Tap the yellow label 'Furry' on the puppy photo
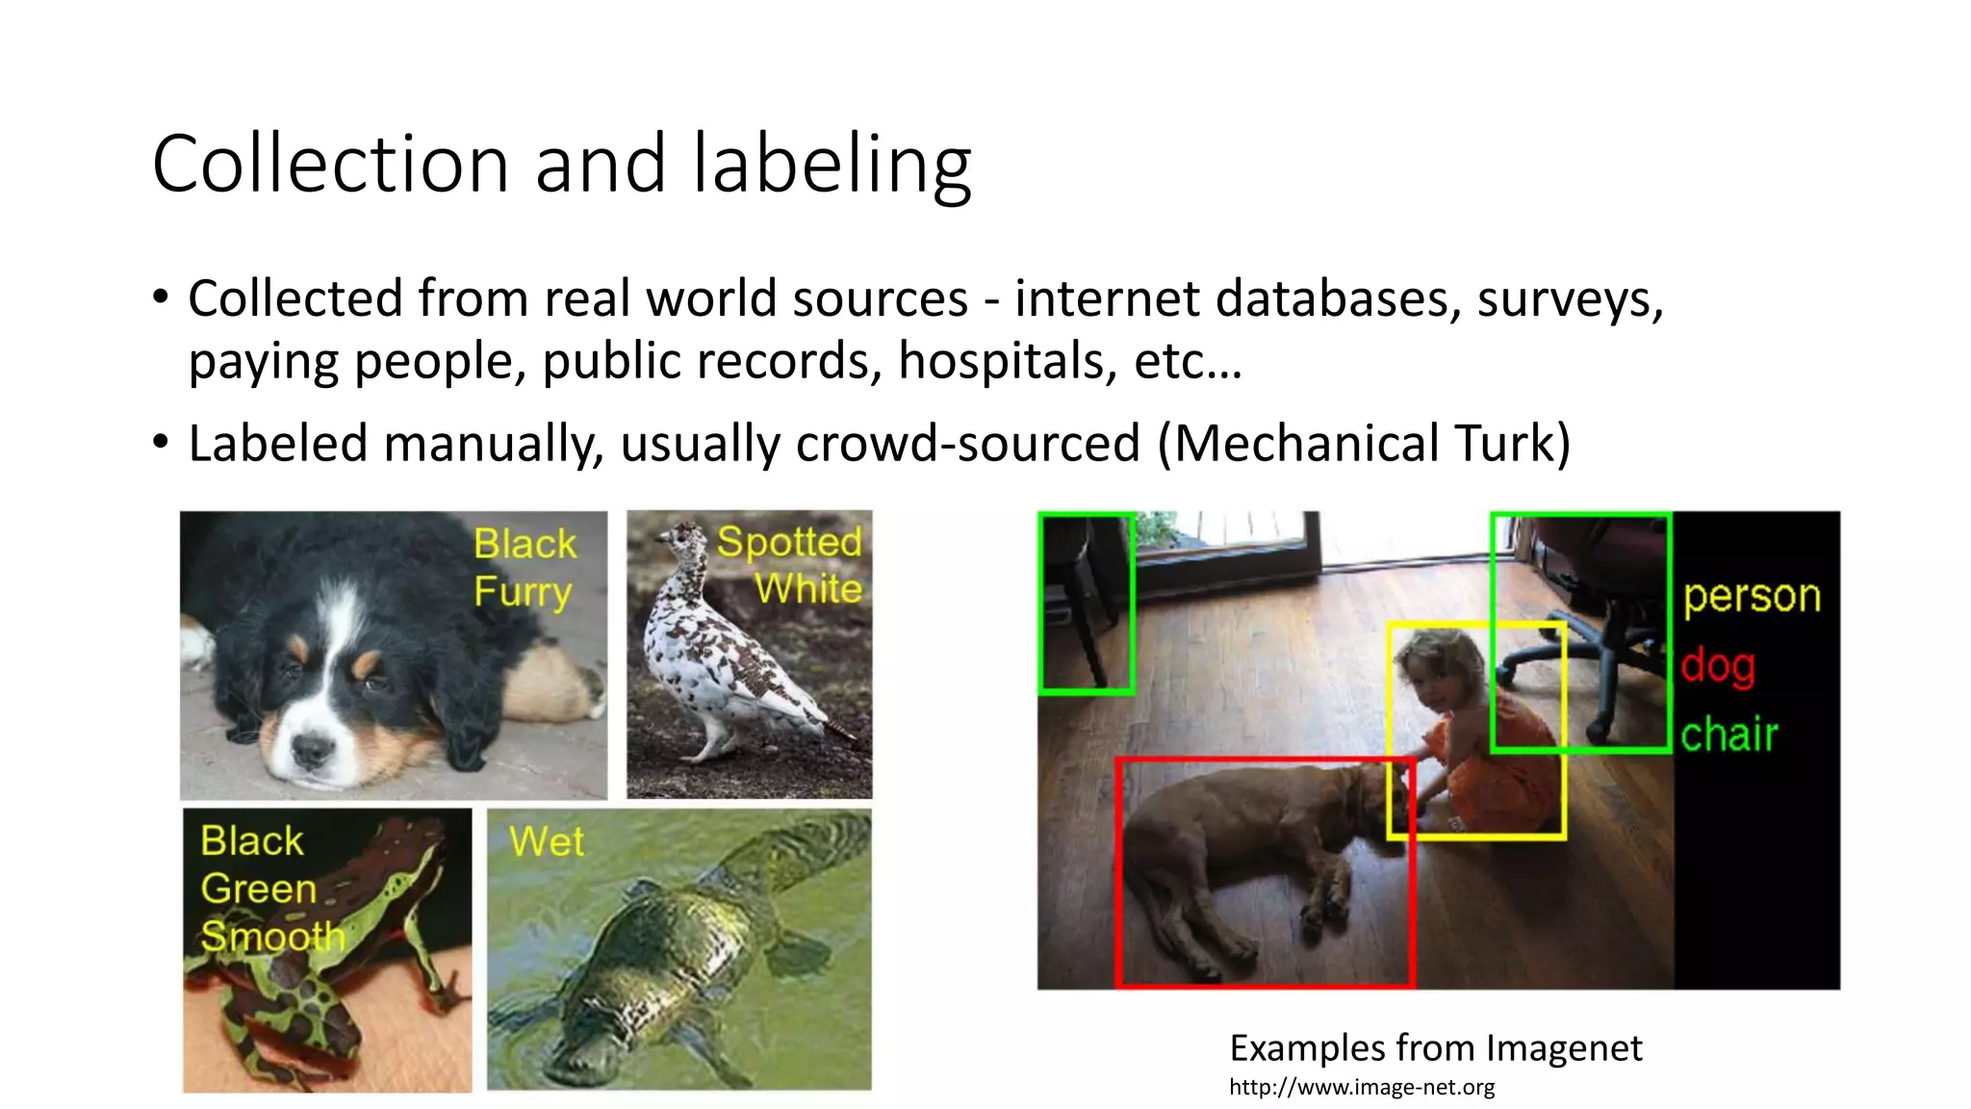coord(523,591)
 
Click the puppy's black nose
coord(311,748)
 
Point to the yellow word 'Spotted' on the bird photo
coord(789,542)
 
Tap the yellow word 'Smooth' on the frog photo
coord(272,936)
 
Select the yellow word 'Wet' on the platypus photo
coord(547,841)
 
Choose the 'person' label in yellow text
coord(1752,596)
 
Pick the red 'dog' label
coord(1718,665)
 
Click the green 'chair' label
coord(1729,735)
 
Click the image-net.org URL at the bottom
coord(1362,1088)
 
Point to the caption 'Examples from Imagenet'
coord(1436,1047)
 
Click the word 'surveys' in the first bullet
coord(1569,298)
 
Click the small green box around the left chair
coord(1087,604)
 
